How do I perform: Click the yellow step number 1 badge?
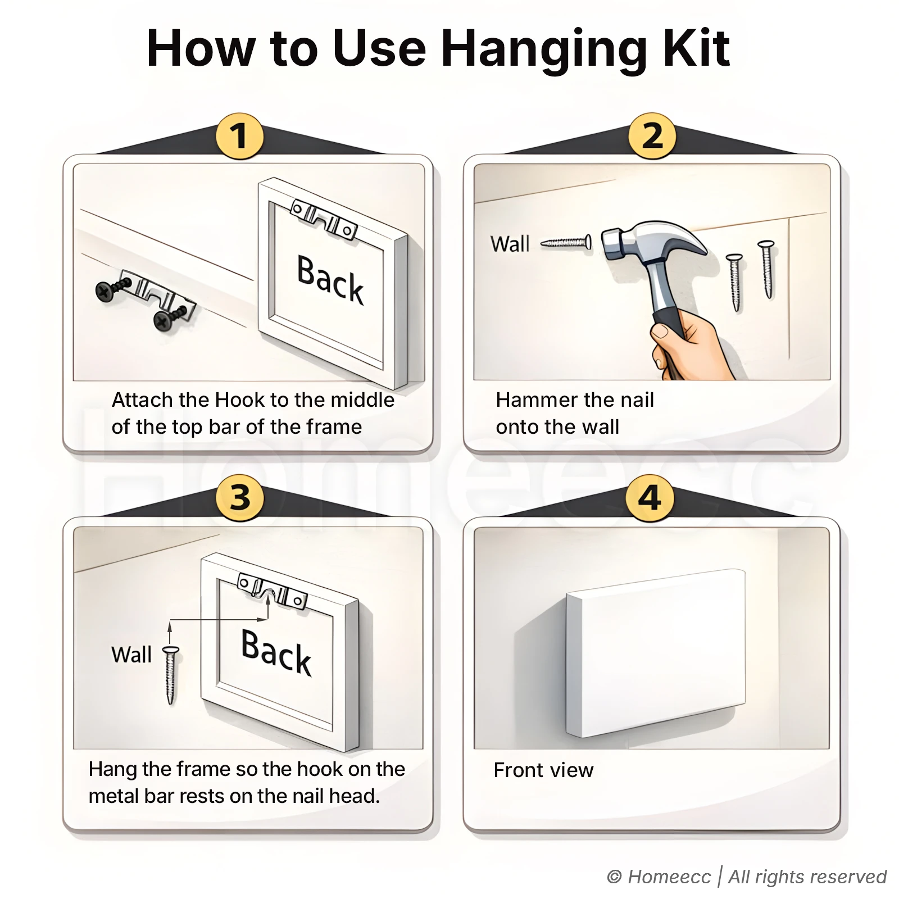[240, 136]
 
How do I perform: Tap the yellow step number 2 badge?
[652, 136]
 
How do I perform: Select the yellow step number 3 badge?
[240, 497]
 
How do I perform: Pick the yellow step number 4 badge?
[650, 497]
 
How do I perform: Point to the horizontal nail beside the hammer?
[566, 243]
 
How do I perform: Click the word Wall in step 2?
[510, 244]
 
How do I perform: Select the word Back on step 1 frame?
[330, 280]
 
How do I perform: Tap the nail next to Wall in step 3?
[171, 674]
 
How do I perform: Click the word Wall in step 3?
[131, 655]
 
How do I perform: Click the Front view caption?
[543, 770]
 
